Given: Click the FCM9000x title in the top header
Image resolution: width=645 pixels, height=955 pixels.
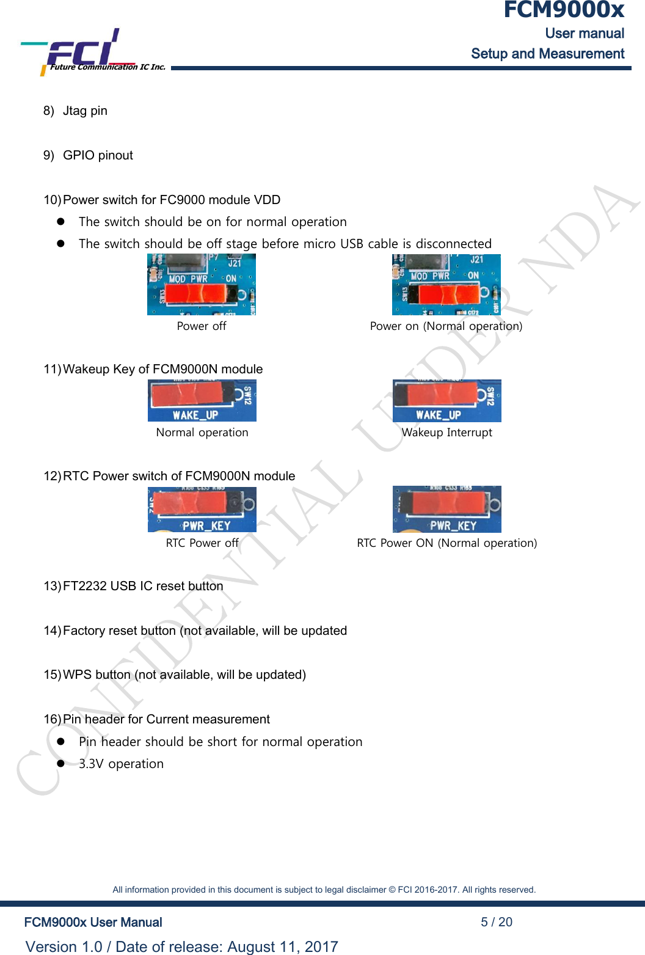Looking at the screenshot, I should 563,10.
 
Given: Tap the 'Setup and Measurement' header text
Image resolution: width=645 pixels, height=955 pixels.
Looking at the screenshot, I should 547,54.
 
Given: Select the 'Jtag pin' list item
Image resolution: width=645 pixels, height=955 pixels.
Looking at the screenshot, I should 85,111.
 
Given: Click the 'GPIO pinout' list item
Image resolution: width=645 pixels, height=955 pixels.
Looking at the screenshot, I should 98,155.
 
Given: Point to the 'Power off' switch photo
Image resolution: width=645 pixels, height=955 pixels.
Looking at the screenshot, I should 202,285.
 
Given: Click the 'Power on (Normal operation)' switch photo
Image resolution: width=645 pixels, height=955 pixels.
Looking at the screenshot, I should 446,285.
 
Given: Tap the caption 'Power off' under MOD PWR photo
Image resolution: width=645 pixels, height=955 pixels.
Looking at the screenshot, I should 202,326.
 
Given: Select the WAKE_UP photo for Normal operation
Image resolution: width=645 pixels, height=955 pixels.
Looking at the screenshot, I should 202,401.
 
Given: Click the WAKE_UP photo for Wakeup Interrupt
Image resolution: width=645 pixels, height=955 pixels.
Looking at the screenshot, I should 446,401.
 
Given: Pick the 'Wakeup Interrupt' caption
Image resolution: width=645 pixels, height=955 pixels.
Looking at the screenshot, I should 446,433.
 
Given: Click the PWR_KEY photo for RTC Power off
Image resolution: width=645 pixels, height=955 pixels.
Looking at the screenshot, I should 202,509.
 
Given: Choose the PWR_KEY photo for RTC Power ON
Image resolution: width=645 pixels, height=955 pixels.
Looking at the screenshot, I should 446,509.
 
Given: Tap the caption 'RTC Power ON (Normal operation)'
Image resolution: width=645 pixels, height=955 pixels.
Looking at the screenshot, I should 446,543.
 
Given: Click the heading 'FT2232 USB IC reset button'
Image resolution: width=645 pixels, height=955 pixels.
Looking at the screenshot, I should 143,586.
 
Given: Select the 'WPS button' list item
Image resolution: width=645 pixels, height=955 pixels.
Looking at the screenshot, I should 184,675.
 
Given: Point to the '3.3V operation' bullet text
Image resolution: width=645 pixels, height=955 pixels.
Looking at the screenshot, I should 121,764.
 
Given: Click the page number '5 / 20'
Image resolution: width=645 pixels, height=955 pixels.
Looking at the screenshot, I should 496,922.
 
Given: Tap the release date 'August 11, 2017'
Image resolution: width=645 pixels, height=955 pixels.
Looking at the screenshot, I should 282,946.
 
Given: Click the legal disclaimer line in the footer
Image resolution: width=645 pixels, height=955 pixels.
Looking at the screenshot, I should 324,890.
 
